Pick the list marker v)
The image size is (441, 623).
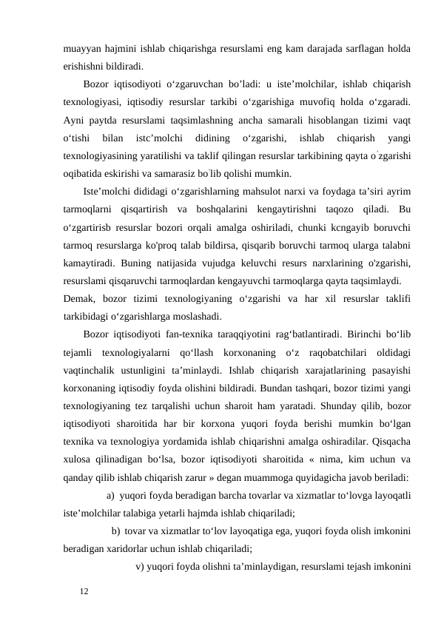tap(141, 568)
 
